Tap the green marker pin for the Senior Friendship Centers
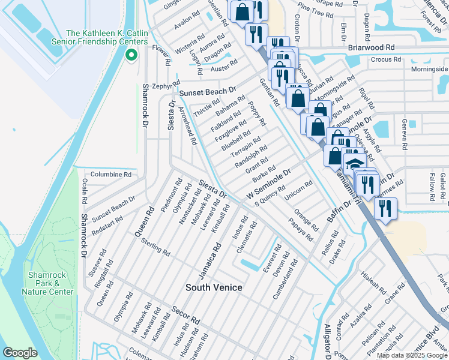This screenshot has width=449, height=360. pyautogui.click(x=131, y=55)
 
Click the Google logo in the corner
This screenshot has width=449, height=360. pyautogui.click(x=20, y=353)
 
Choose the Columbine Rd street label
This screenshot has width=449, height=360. pyautogui.click(x=110, y=174)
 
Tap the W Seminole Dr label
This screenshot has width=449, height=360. pyautogui.click(x=269, y=184)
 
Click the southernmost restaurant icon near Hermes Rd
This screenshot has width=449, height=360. pyautogui.click(x=385, y=208)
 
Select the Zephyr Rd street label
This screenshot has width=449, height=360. pyautogui.click(x=162, y=86)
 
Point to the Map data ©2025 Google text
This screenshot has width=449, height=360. pyautogui.click(x=412, y=355)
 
